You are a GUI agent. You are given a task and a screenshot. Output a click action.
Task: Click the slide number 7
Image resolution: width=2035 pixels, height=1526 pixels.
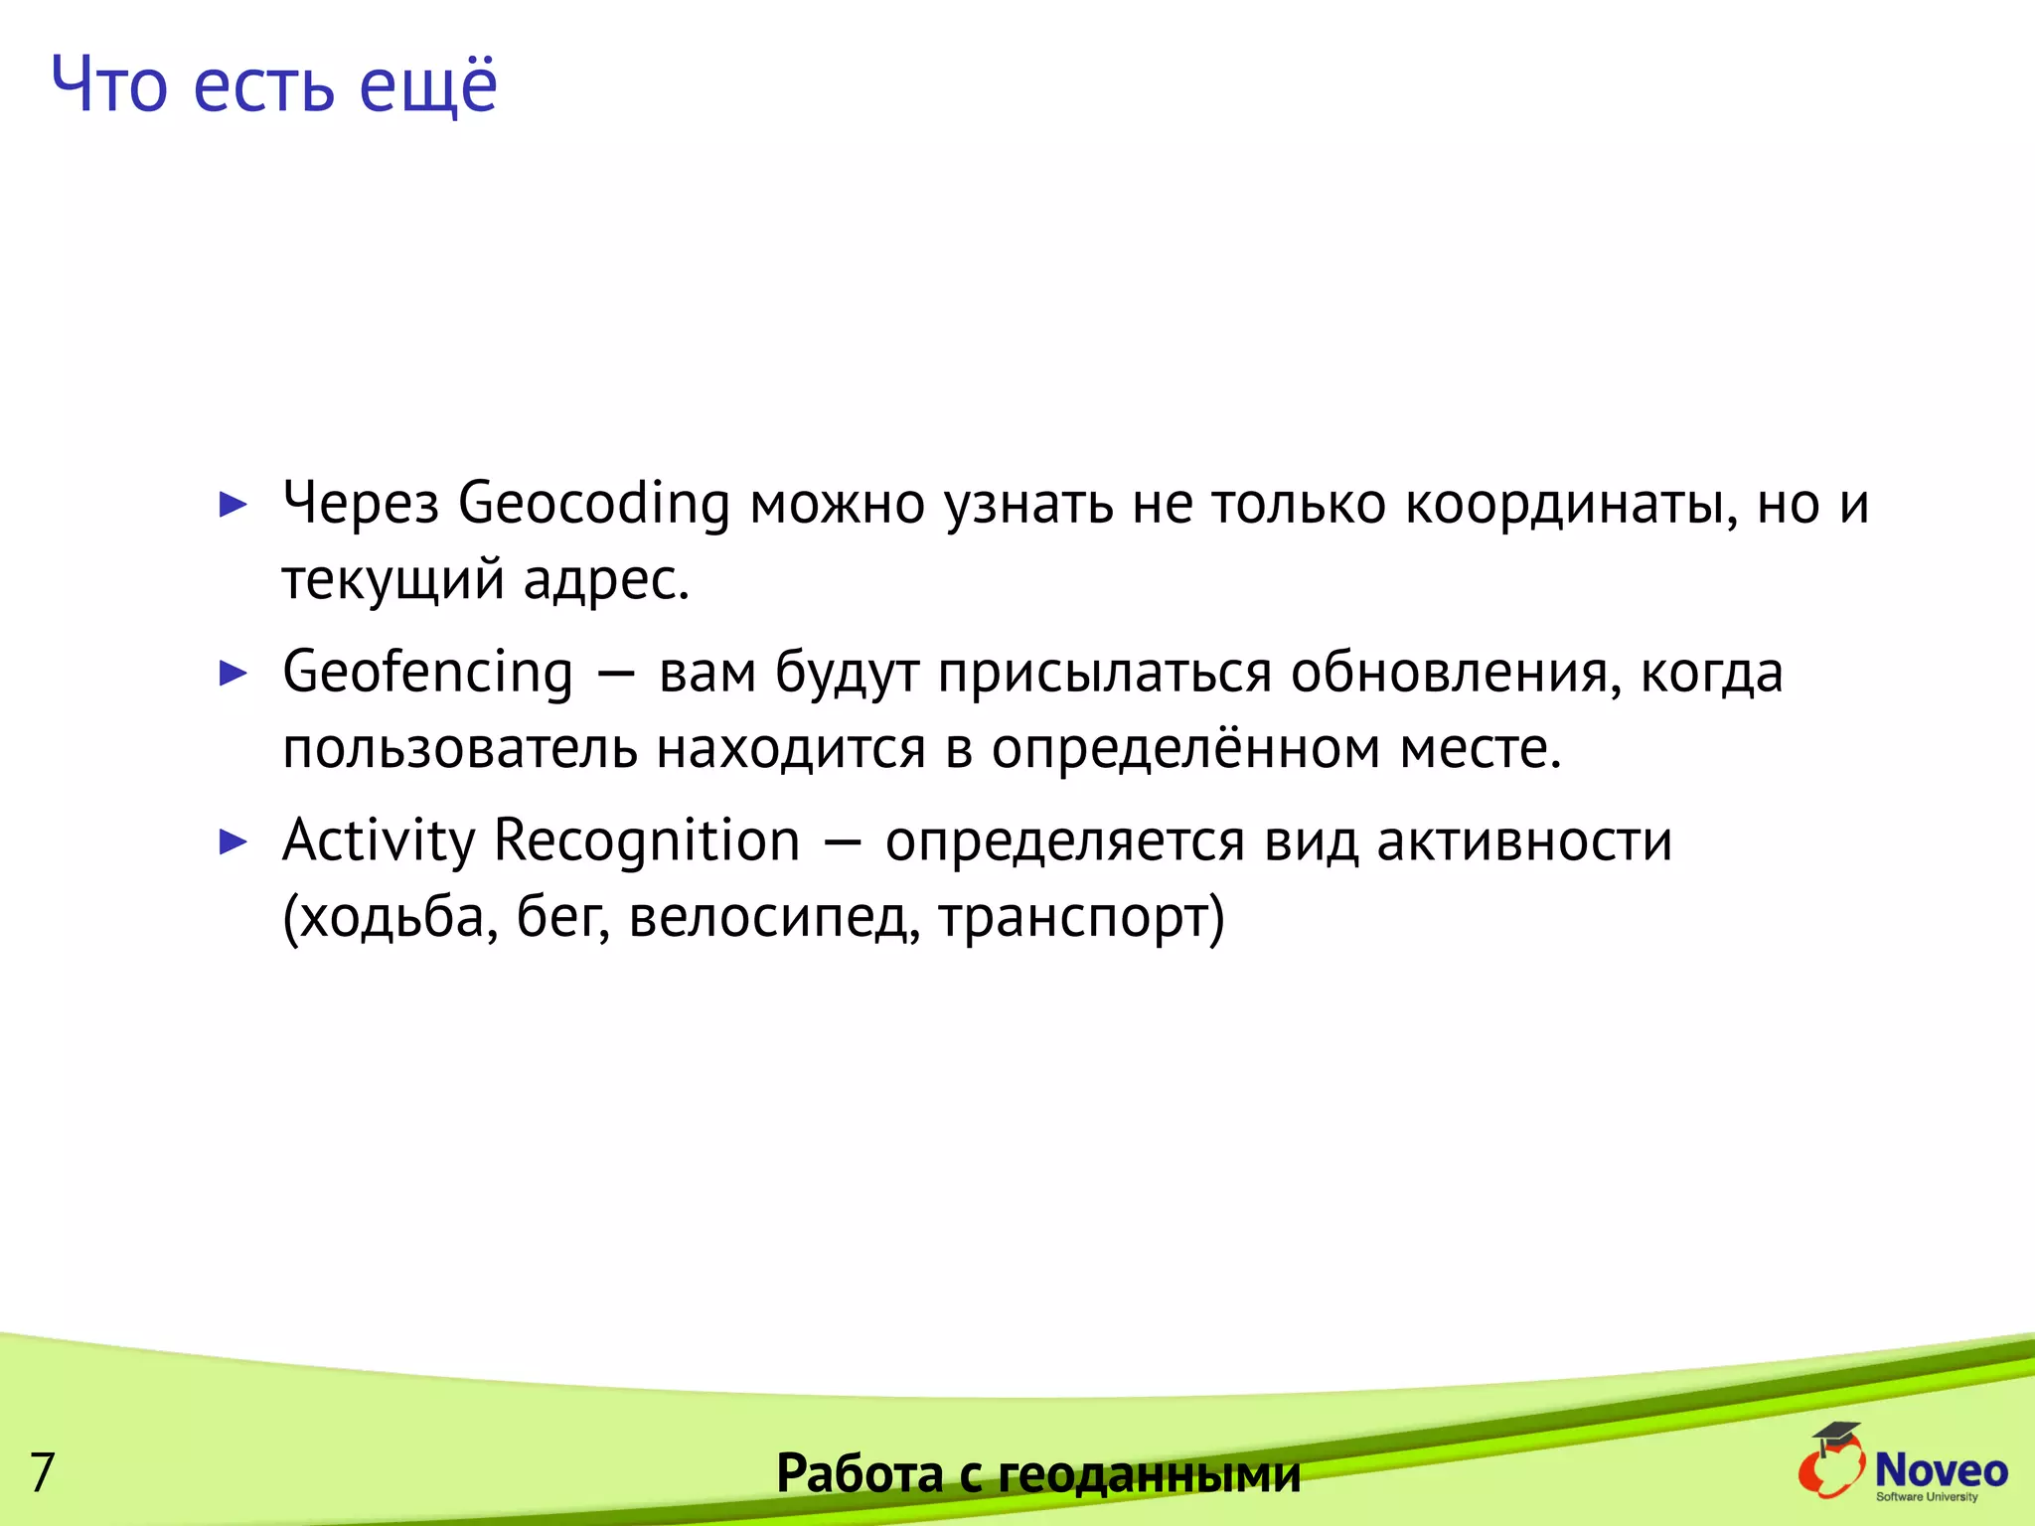[x=42, y=1471]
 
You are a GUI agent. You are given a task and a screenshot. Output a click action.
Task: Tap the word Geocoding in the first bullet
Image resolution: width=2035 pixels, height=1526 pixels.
[x=593, y=505]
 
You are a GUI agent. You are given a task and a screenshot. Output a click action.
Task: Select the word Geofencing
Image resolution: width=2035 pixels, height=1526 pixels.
[x=427, y=674]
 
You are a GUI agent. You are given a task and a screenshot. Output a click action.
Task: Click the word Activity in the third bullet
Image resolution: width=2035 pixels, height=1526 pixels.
[x=379, y=841]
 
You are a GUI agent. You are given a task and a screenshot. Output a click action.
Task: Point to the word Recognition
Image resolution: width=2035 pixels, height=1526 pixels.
[x=646, y=841]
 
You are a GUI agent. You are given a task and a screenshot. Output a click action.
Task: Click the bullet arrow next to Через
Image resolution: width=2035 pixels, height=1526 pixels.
[x=233, y=504]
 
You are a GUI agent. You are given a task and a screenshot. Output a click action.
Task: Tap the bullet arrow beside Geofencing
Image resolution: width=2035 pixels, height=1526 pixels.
[x=233, y=673]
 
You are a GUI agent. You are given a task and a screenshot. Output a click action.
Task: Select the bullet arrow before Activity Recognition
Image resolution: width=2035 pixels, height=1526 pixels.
[x=233, y=841]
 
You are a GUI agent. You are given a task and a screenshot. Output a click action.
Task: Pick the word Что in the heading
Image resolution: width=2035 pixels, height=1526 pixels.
[x=109, y=86]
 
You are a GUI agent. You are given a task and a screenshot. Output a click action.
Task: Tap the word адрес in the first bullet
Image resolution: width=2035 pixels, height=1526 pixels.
[x=605, y=580]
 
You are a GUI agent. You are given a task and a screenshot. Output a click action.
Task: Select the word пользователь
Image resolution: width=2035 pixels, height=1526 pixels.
[x=459, y=749]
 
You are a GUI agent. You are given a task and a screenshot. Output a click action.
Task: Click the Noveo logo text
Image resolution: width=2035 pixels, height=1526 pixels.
[x=1941, y=1469]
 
